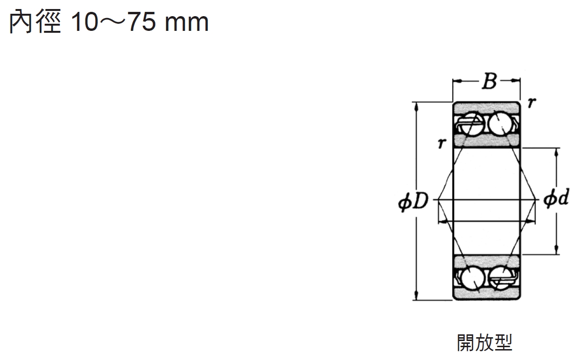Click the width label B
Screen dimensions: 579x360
tap(490, 81)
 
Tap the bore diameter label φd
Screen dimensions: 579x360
tap(556, 198)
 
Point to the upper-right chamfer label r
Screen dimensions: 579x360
tap(532, 103)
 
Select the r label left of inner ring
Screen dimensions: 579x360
tap(442, 143)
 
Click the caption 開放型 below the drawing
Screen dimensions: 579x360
tap(485, 343)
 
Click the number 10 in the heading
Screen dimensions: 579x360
tap(84, 22)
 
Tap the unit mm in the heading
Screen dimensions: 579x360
tap(187, 24)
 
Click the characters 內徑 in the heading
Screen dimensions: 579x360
tap(35, 21)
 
